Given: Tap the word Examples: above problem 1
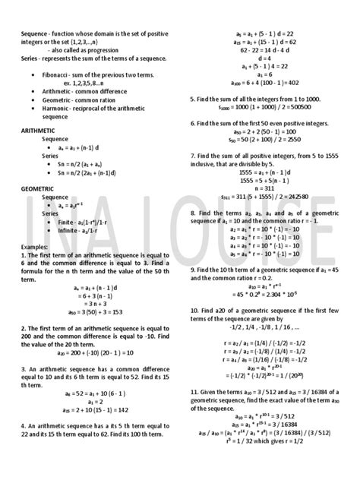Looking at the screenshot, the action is (38, 247).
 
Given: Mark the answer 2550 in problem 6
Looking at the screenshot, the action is (295, 140).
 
